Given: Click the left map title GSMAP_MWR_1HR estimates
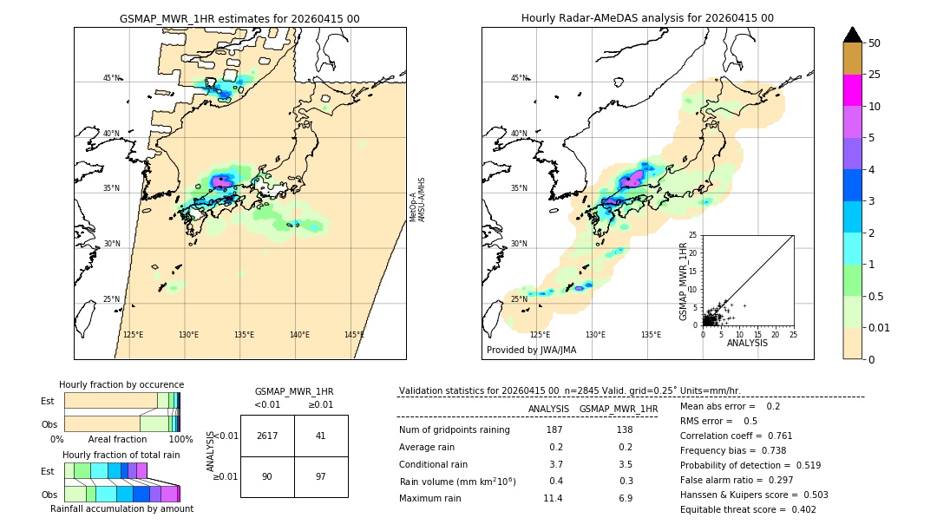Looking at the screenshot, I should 239,18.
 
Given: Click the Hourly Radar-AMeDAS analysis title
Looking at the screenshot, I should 647,18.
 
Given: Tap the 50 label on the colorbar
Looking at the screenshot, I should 875,43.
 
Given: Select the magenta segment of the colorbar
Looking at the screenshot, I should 852,90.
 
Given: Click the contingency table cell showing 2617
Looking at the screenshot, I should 267,436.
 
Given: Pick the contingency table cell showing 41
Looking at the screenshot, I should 321,436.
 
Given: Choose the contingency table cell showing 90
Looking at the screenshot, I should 267,476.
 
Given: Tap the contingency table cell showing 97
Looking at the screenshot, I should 321,476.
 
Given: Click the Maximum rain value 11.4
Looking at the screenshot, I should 553,498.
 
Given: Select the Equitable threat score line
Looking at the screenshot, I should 748,509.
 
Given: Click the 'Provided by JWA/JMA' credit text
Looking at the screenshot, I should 531,350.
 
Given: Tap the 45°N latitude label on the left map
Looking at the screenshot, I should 111,78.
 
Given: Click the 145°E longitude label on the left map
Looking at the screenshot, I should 354,335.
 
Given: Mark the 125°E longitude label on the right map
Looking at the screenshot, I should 540,335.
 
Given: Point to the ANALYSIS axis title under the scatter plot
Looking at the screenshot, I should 748,344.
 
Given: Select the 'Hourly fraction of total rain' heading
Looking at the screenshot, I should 121,455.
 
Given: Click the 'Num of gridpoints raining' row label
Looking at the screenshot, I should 455,429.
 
